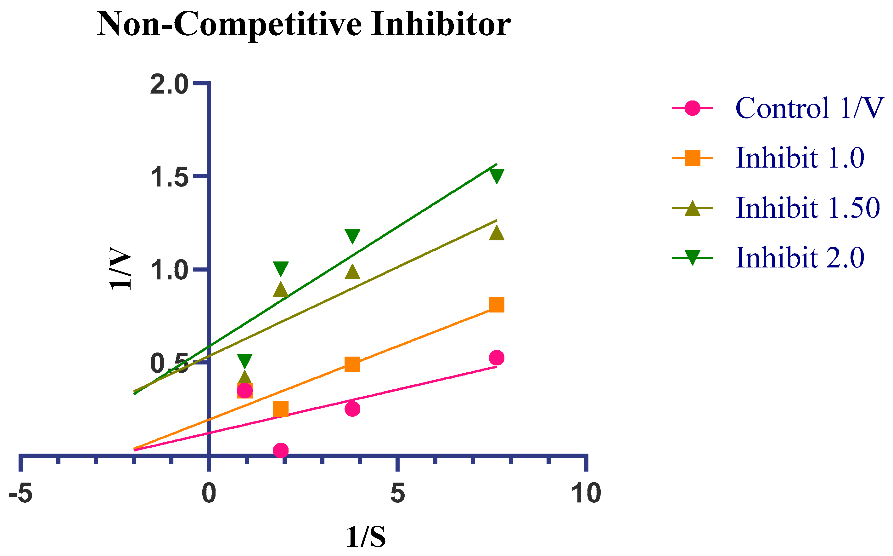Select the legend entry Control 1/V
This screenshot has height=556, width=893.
click(x=808, y=108)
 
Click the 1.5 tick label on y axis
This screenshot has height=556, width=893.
click(x=169, y=178)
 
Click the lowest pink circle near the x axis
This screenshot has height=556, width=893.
click(x=281, y=450)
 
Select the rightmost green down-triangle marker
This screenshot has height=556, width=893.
click(x=497, y=176)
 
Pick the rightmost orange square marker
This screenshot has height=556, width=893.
click(x=497, y=305)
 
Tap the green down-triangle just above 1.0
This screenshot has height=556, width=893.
click(x=281, y=268)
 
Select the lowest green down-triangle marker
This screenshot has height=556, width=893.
click(x=245, y=361)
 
